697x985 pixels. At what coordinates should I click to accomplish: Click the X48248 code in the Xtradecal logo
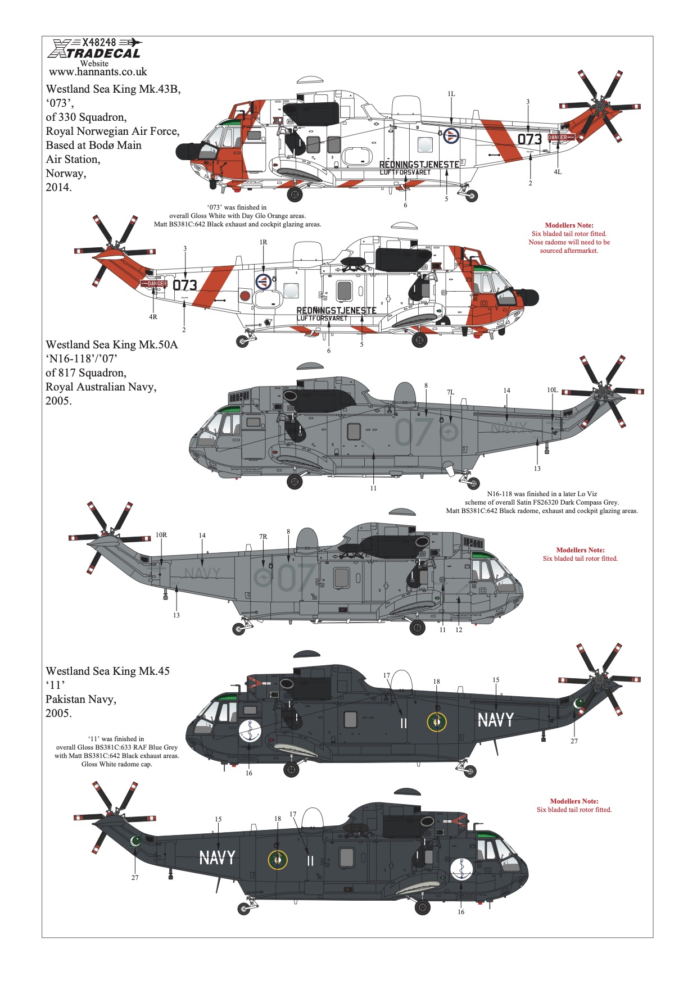99,42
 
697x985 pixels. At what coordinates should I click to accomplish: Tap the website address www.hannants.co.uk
98,72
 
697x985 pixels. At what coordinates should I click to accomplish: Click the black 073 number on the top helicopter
529,139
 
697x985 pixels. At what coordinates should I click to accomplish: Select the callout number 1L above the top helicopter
451,94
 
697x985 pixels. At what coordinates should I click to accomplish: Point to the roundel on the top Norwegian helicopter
451,135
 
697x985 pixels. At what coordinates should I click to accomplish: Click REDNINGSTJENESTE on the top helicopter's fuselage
419,164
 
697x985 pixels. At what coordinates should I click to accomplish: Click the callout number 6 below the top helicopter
405,205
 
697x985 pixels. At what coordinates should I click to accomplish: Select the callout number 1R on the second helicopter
263,242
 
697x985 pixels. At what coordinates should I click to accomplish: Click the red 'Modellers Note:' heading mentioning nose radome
569,225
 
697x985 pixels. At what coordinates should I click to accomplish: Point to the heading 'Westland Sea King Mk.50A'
112,344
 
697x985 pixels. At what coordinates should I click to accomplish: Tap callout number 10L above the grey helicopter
553,390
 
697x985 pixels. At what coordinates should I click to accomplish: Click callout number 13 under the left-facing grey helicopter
537,469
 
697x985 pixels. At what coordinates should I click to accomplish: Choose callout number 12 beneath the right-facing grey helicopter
459,630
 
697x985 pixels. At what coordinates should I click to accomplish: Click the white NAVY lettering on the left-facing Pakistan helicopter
496,720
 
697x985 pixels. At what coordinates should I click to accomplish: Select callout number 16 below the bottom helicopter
461,912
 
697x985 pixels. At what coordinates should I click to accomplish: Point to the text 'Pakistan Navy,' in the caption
81,700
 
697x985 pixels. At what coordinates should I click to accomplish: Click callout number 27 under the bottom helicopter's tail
135,878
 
